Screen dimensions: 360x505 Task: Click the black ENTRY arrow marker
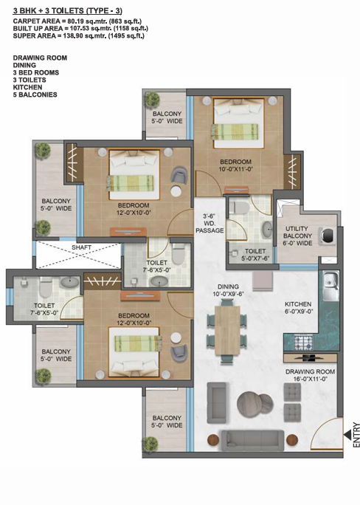tap(347, 436)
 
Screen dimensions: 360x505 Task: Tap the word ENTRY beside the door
tap(356, 435)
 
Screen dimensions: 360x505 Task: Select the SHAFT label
tap(81, 247)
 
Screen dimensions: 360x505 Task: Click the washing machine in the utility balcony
tap(328, 236)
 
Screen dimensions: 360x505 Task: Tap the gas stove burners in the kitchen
tap(304, 343)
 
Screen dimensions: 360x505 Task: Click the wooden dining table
tap(227, 330)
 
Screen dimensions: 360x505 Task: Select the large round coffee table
tap(251, 403)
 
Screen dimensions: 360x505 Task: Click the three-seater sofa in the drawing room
tap(252, 440)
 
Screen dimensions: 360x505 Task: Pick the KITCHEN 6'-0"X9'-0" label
tap(298, 308)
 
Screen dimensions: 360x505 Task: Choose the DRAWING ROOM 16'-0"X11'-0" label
tap(310, 375)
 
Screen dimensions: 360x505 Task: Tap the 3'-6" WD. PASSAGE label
tap(210, 223)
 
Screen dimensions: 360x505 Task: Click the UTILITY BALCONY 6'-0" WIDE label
tap(297, 236)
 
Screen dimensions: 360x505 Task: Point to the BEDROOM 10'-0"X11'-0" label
tap(235, 165)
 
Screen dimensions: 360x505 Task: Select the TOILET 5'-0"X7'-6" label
tap(255, 255)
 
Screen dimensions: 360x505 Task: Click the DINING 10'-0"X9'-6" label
tap(228, 290)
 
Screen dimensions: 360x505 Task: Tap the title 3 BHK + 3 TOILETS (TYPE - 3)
tap(68, 11)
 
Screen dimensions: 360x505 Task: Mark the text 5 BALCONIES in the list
tap(35, 95)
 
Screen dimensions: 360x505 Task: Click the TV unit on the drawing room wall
tap(310, 357)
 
